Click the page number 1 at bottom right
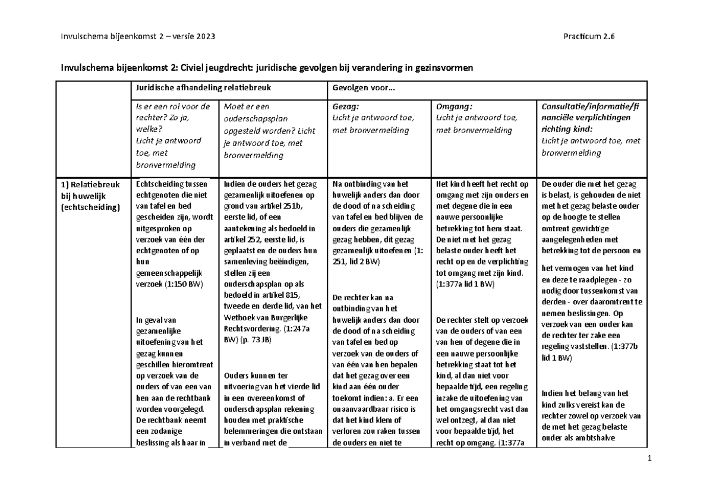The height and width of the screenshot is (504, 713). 649,459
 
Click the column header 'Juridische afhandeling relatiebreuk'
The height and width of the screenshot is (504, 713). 204,87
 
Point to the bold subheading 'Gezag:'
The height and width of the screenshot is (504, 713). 346,107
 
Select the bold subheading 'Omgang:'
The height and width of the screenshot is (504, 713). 454,107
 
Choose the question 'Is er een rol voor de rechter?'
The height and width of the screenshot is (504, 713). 172,113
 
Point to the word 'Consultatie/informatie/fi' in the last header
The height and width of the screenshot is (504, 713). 589,107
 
